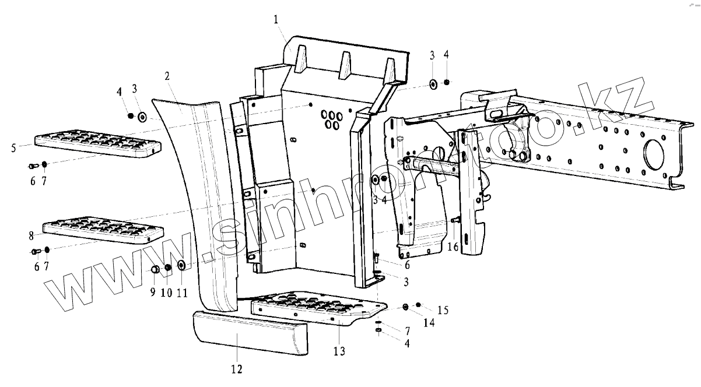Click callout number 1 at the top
click(x=276, y=20)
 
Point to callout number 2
click(x=167, y=76)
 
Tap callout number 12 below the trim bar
click(x=236, y=368)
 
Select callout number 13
click(x=339, y=351)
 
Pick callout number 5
click(x=13, y=148)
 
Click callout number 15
click(x=442, y=309)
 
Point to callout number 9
click(x=152, y=292)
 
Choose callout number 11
click(x=181, y=293)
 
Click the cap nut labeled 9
click(x=156, y=269)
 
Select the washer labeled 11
click(x=181, y=266)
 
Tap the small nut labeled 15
click(x=418, y=304)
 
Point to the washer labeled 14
click(x=406, y=307)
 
